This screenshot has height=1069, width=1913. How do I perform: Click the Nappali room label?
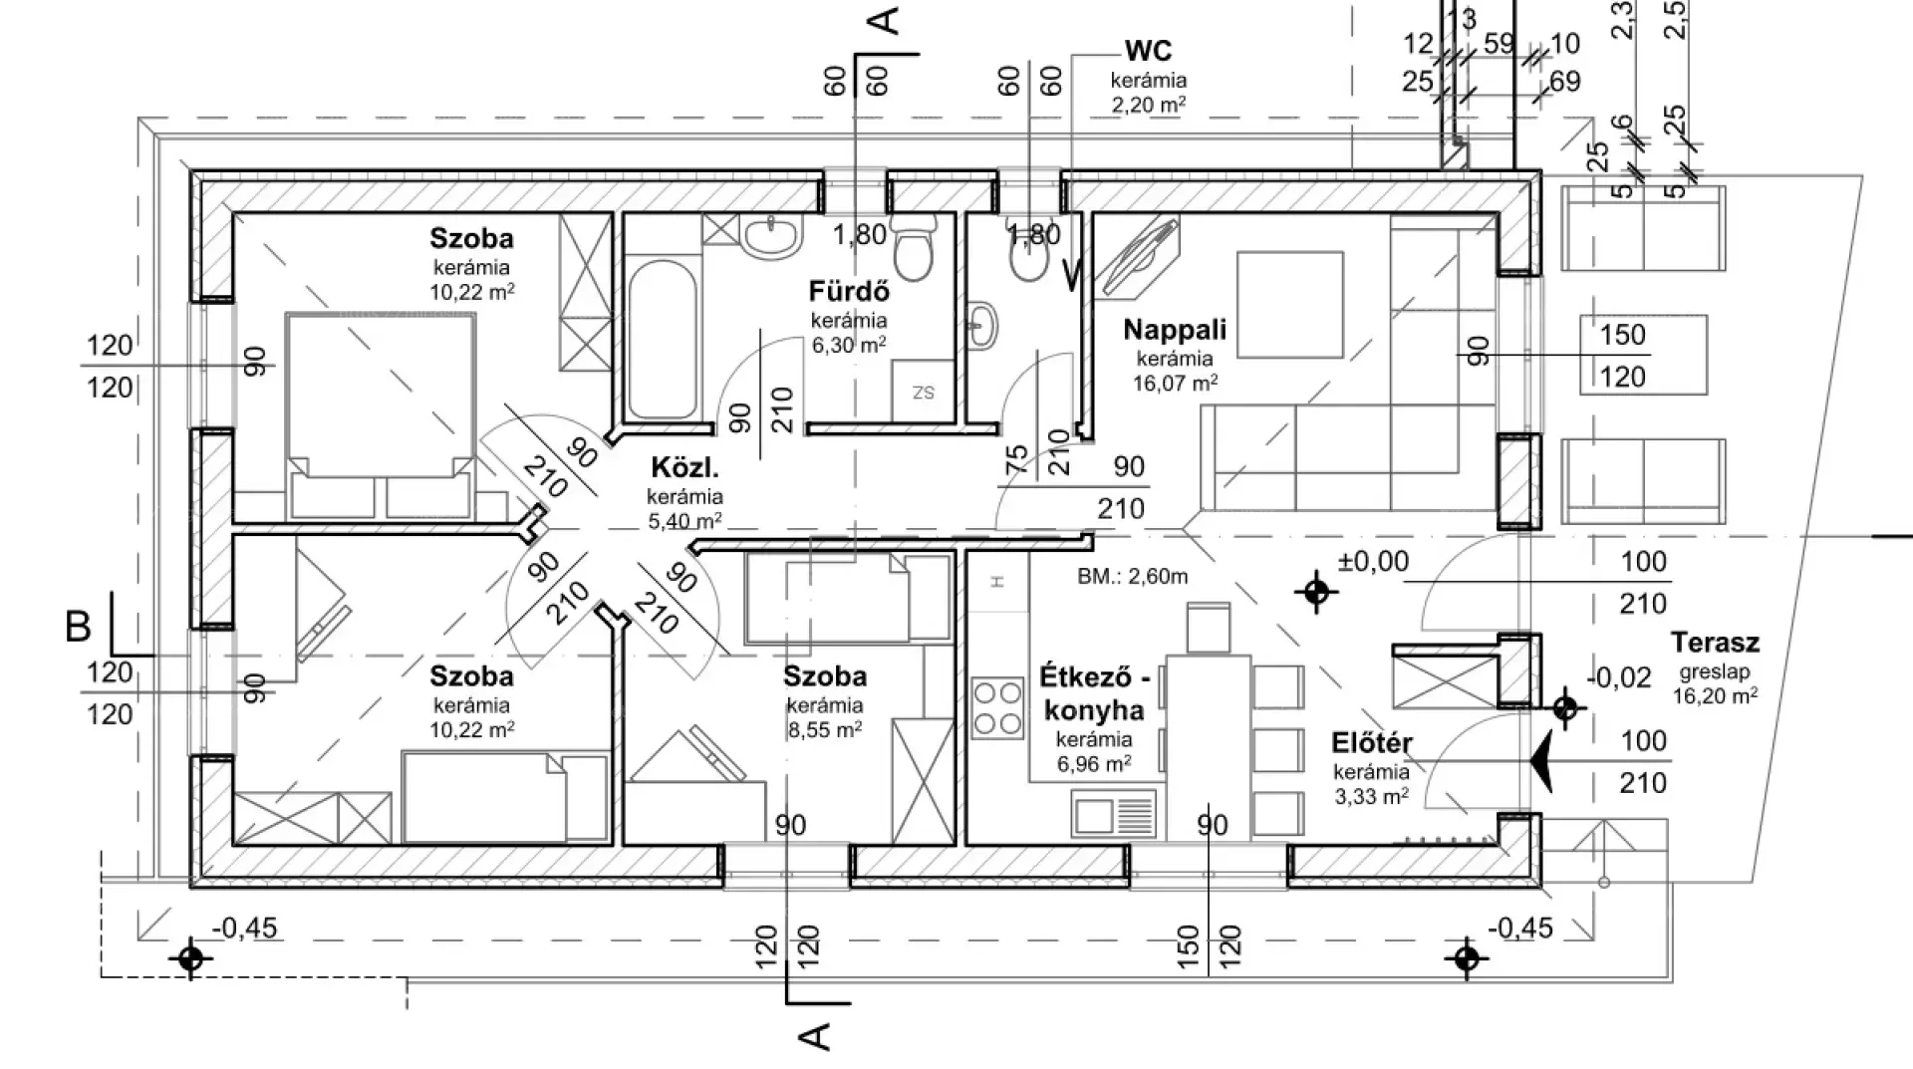[1175, 330]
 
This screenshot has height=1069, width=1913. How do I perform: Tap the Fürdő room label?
[849, 293]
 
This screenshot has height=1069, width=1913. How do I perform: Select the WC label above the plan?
[1148, 51]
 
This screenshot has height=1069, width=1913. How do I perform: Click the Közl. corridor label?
[684, 468]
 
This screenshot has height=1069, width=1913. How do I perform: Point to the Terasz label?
[1715, 643]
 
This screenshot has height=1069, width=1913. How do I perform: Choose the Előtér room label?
[1372, 744]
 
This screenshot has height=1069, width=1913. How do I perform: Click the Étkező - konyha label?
[1094, 692]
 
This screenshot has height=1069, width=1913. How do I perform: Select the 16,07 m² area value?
[1176, 383]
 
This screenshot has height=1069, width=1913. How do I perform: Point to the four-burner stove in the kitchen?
[997, 707]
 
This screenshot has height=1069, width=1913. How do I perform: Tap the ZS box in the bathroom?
[924, 393]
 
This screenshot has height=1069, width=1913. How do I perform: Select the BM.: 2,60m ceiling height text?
[1132, 576]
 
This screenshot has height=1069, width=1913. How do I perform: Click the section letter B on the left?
[78, 628]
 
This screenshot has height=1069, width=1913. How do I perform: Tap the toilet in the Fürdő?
[913, 249]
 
